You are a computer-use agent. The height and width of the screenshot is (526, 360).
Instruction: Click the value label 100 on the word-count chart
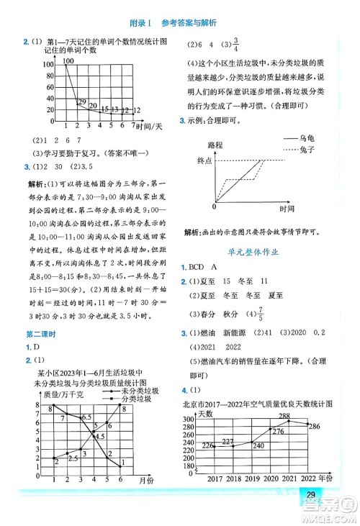point(69,62)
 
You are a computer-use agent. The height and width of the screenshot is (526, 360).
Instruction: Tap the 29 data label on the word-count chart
point(81,101)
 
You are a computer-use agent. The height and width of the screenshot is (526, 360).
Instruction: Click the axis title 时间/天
point(150,127)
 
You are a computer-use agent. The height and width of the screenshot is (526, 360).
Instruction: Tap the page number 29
point(311,494)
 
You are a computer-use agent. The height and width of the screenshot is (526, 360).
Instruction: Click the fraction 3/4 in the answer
point(235,42)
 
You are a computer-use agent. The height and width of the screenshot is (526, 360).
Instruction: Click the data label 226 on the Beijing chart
point(207,446)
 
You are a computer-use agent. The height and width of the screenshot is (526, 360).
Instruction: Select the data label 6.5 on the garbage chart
point(86,417)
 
